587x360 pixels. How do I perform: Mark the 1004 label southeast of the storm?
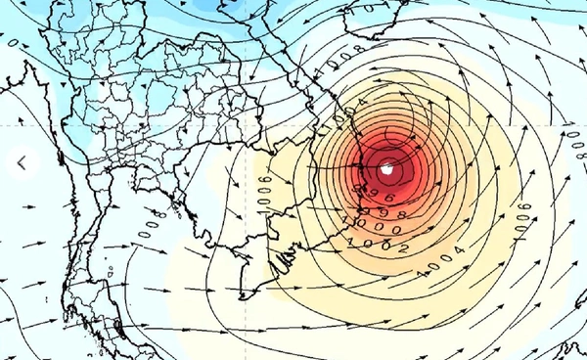click(x=443, y=265)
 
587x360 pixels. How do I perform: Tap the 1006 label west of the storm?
click(x=262, y=192)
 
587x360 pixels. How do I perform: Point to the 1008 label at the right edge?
click(x=576, y=143)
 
